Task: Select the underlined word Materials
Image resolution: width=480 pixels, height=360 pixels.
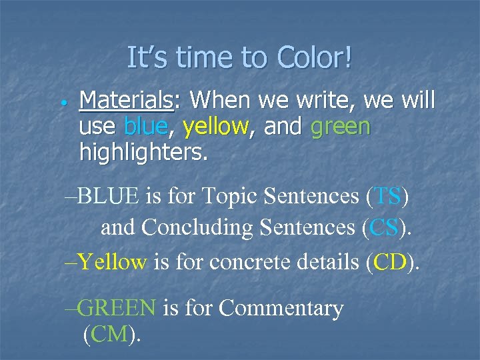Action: pyautogui.click(x=125, y=101)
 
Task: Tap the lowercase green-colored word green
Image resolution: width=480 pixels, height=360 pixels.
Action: pyautogui.click(x=340, y=127)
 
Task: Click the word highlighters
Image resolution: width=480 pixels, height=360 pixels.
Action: pyautogui.click(x=143, y=153)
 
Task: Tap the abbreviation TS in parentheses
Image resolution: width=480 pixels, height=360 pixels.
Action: pyautogui.click(x=389, y=197)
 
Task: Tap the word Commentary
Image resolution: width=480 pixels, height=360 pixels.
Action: pyautogui.click(x=281, y=307)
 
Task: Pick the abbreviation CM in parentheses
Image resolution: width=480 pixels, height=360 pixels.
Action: pyautogui.click(x=111, y=333)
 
